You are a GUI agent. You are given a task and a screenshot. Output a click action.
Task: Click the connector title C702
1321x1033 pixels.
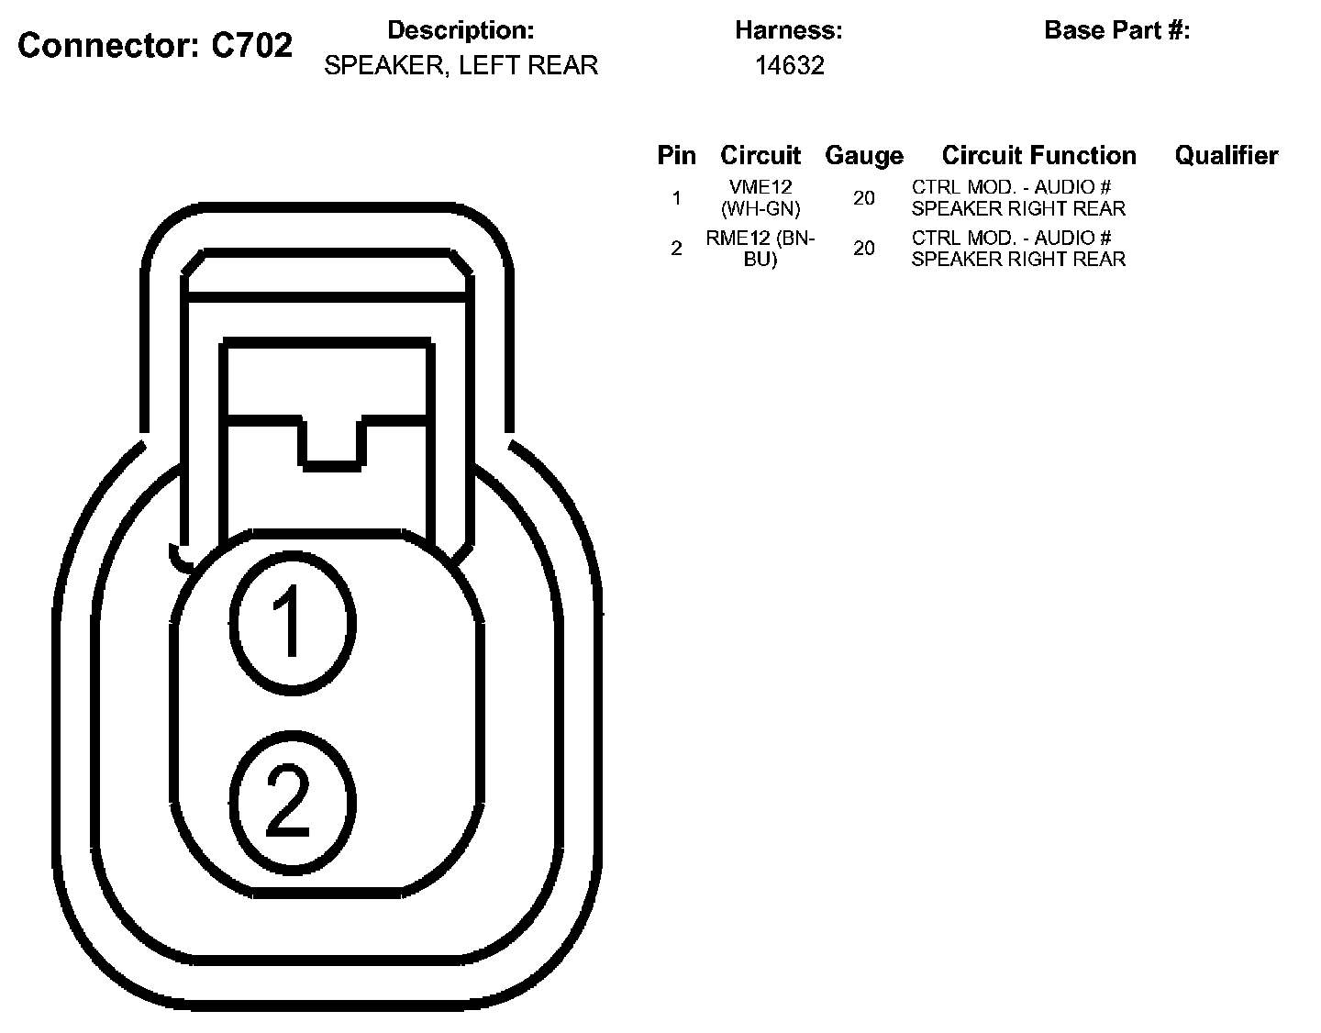155,44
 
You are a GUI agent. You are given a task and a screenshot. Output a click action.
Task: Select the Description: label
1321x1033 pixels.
461,30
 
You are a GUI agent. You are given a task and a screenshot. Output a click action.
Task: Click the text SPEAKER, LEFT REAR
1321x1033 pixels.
461,65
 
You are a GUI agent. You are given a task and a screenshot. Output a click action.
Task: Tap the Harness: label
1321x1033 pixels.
788,30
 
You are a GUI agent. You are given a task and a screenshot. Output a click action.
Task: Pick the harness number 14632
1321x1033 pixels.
789,65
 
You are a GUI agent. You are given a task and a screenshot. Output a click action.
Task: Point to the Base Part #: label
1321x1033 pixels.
1116,30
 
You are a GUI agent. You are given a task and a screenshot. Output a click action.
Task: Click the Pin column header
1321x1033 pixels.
676,156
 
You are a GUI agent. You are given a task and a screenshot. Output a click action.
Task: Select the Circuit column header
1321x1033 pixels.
760,156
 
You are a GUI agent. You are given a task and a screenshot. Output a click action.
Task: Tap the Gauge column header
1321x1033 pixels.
863,156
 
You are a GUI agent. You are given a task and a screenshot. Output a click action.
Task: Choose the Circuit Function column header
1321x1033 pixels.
1038,156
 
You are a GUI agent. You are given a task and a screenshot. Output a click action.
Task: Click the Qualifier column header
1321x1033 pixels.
1226,156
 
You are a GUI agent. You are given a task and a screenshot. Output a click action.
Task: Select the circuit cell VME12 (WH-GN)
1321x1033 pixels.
760,197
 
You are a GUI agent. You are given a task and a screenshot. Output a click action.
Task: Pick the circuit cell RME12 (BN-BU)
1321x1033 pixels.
760,248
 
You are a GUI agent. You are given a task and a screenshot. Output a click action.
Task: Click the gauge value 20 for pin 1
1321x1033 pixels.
863,197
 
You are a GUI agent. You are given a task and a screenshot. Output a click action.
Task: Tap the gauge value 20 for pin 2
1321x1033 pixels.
863,248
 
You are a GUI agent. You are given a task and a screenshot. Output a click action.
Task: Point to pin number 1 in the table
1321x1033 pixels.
676,197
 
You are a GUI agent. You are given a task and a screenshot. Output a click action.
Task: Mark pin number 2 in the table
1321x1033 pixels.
676,248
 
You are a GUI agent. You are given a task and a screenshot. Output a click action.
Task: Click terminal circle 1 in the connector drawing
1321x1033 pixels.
291,622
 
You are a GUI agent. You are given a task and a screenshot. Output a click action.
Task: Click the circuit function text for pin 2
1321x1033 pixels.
1017,248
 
